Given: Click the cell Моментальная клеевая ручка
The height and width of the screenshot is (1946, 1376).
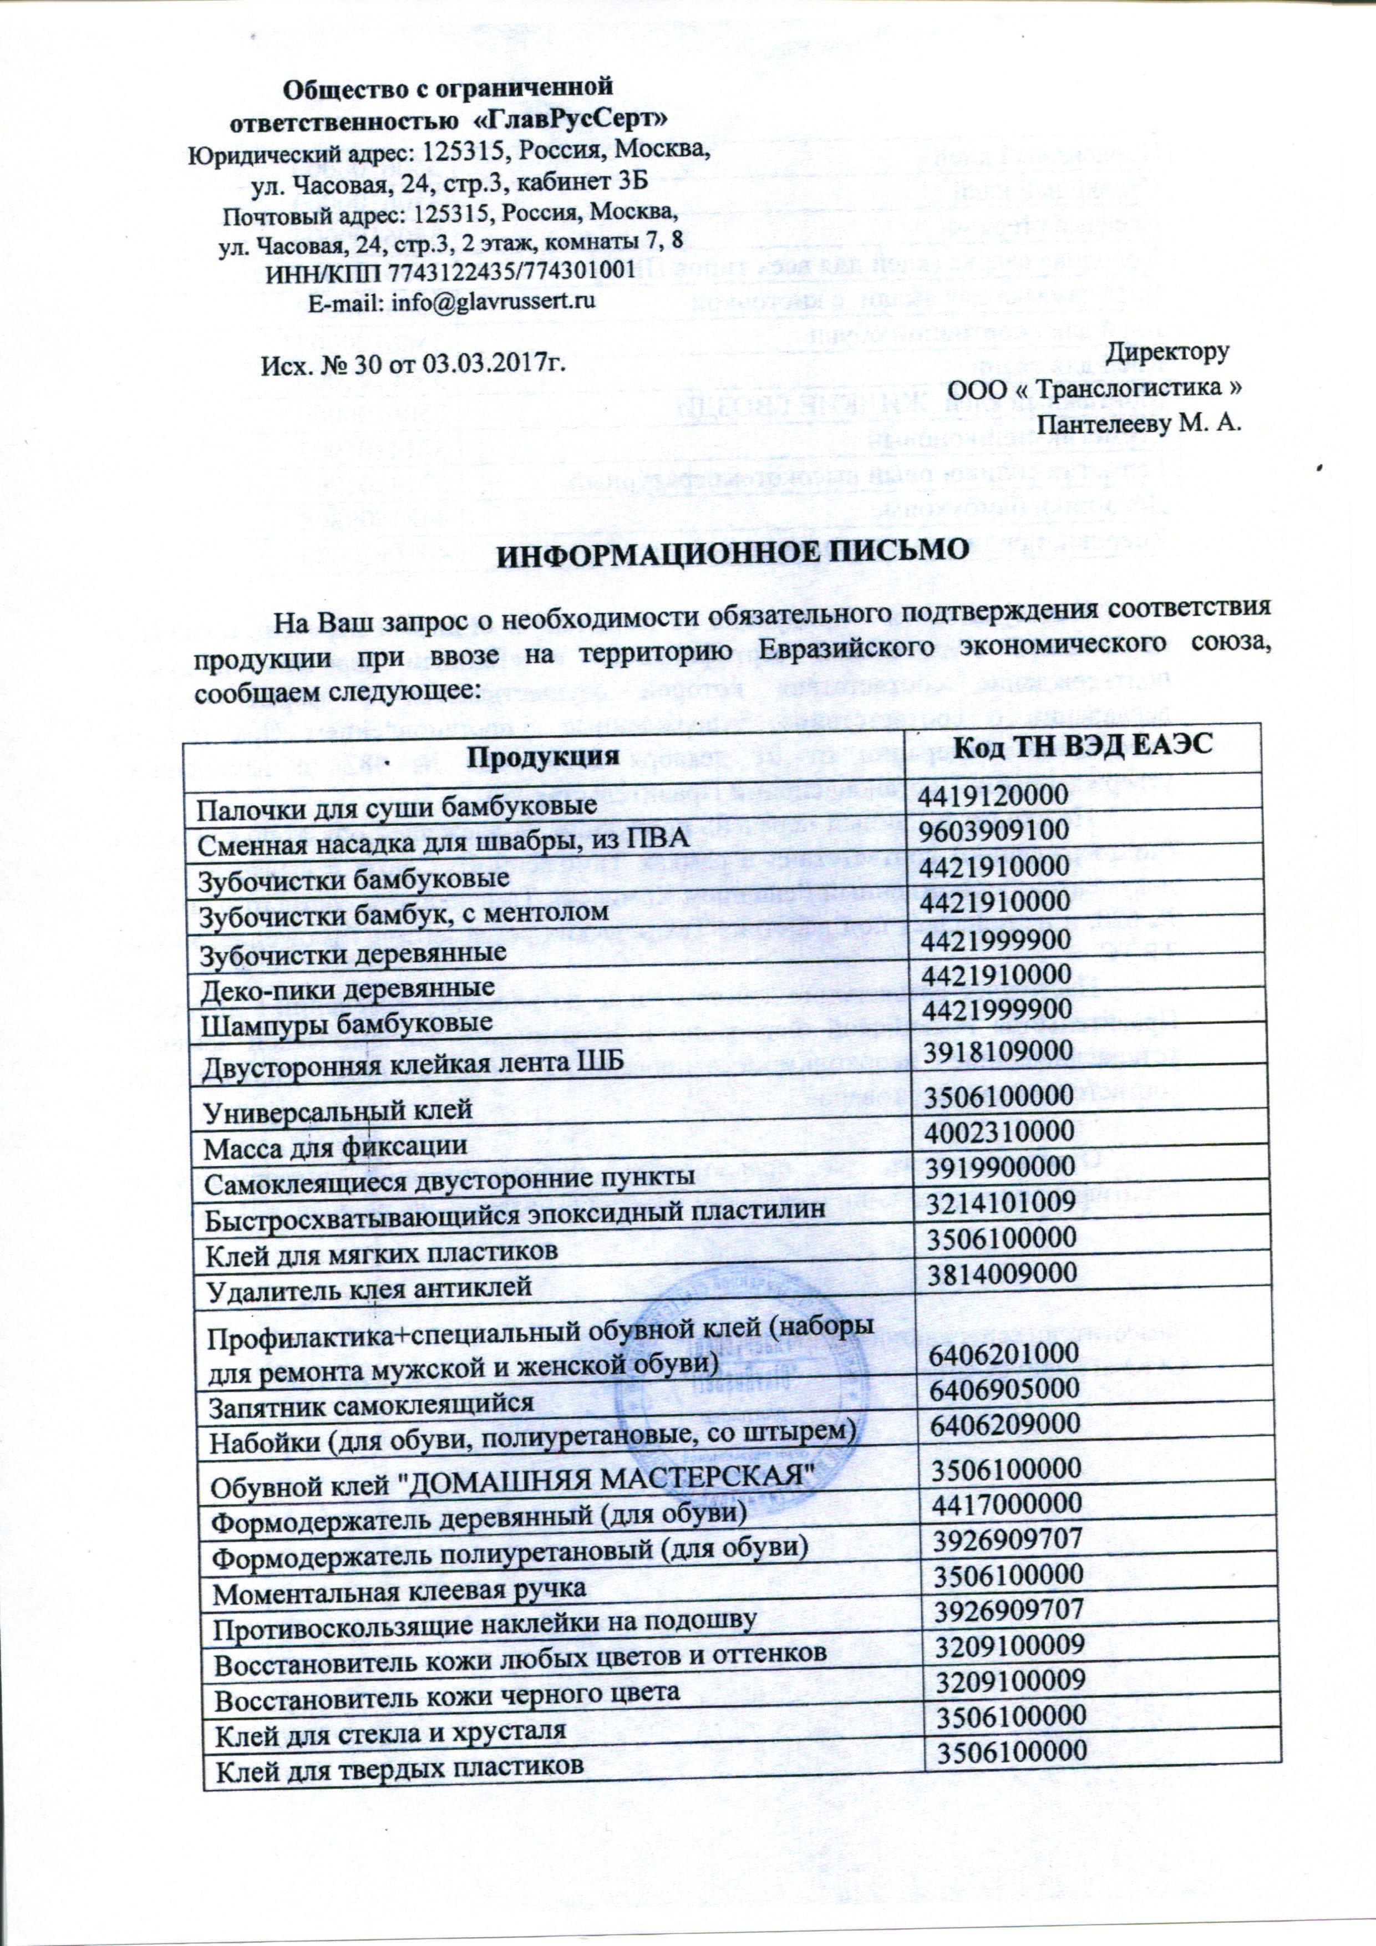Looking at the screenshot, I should coord(398,1589).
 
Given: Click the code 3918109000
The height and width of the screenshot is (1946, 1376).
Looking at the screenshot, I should coord(999,1051).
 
